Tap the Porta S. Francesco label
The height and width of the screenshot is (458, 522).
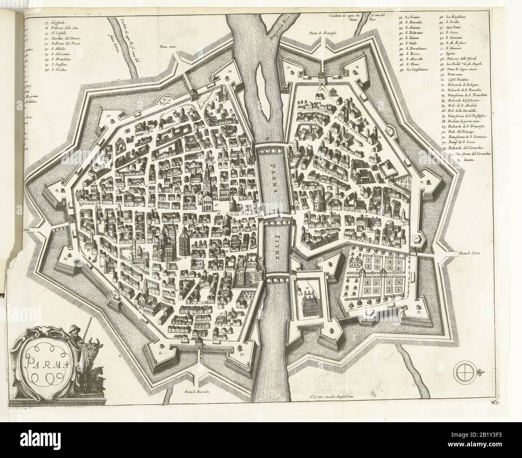point(322,32)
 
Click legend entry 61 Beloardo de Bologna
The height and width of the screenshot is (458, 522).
point(459,86)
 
